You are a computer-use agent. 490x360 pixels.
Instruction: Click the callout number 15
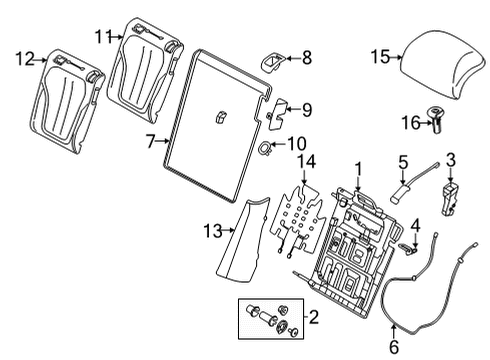pos(378,57)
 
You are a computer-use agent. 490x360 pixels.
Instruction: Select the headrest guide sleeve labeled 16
pos(439,122)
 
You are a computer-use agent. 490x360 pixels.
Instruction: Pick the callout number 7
pos(151,142)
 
